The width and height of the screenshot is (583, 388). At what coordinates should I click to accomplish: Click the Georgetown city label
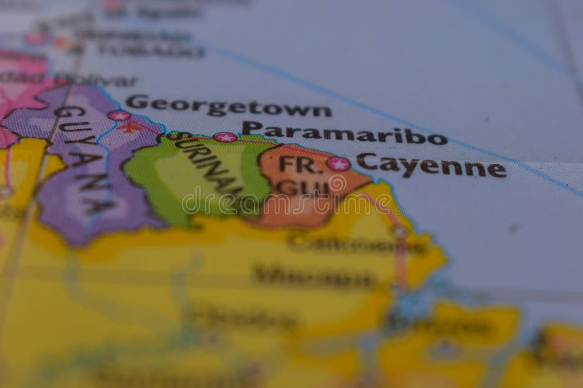coord(228,106)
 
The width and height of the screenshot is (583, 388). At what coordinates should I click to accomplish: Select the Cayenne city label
coord(431,166)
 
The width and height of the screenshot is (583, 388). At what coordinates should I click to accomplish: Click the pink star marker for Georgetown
coord(119,115)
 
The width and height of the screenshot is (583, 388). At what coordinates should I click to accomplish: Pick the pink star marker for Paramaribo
coord(225,137)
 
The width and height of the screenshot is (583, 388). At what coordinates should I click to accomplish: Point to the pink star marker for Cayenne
coord(339,164)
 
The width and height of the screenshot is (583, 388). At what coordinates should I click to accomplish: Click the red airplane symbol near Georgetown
coord(131,127)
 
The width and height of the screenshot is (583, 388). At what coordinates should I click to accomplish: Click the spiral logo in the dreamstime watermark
coord(337,184)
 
